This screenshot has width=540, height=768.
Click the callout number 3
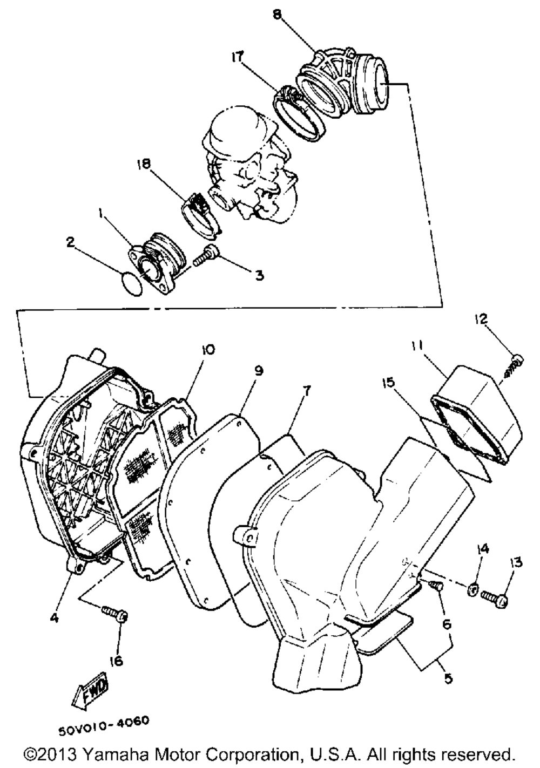click(x=260, y=275)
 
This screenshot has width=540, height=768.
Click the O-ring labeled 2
click(x=131, y=283)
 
